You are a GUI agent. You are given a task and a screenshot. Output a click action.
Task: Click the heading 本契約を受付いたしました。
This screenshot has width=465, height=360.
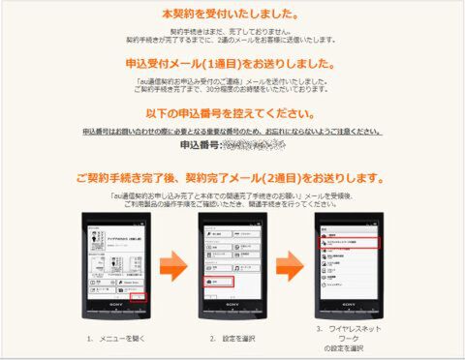pos(232,15)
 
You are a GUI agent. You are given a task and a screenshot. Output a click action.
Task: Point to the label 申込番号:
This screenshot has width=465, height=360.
pos(201,146)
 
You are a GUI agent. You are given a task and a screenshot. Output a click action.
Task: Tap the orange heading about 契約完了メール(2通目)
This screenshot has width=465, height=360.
pos(232,179)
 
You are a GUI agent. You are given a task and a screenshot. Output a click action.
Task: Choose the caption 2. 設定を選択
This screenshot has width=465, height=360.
pos(232,339)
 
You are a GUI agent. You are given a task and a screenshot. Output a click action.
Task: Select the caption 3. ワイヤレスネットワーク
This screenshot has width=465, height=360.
pos(351,333)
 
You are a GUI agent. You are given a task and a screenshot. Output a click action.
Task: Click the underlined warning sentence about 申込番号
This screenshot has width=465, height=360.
pos(232,131)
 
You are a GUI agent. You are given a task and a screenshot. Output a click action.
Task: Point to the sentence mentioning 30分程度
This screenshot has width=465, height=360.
pos(232,85)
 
